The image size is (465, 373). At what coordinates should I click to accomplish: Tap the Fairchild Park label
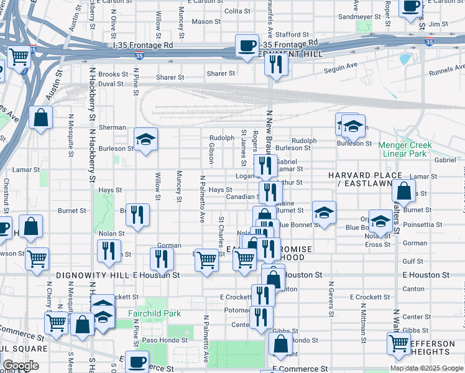tap(154, 313)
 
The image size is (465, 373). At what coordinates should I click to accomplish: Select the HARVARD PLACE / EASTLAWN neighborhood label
tap(366, 180)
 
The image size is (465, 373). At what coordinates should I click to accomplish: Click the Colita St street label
tap(237, 11)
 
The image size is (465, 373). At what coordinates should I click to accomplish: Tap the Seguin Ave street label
tap(343, 65)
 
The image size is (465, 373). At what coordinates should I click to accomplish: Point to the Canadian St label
tap(242, 197)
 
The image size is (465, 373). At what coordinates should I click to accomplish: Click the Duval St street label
tap(111, 83)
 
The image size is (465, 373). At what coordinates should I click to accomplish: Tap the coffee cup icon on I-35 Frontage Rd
tap(247, 45)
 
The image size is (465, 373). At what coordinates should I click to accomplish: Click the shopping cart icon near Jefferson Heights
tap(398, 343)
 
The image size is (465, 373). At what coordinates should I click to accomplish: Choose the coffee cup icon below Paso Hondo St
tap(137, 362)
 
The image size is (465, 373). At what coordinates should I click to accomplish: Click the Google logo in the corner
tap(21, 366)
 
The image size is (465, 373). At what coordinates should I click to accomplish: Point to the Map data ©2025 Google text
tap(426, 368)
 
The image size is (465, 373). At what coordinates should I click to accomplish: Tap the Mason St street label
tap(203, 22)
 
